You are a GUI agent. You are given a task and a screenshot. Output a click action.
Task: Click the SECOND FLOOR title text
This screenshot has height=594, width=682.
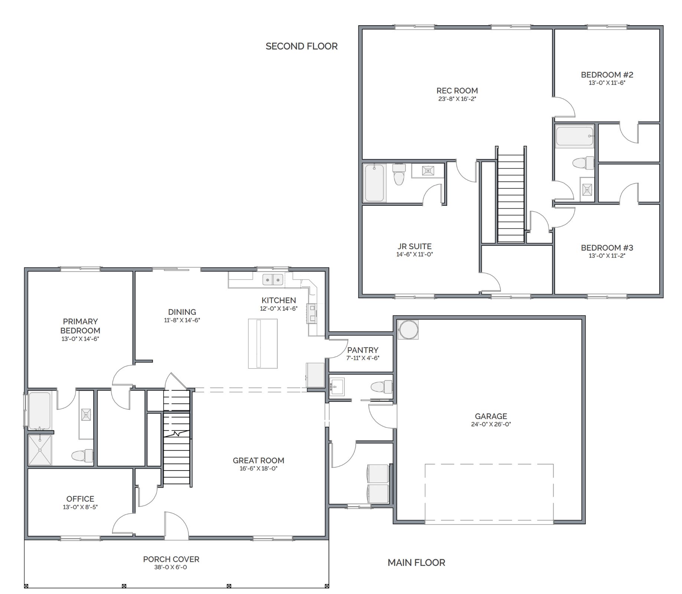(301, 46)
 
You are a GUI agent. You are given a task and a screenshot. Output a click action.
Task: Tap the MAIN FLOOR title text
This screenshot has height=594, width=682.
(416, 562)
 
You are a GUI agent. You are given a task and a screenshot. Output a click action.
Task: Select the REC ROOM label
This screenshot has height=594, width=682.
(457, 90)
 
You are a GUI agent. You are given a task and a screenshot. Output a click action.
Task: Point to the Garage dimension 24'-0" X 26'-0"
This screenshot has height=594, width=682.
(491, 424)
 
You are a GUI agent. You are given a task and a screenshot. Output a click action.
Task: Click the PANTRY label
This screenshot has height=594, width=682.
(363, 350)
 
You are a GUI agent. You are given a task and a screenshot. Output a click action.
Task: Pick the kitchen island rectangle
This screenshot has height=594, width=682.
(263, 343)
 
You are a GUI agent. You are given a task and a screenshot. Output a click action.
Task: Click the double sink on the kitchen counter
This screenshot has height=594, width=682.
(273, 280)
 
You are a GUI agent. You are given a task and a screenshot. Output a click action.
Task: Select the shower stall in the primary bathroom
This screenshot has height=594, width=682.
(40, 450)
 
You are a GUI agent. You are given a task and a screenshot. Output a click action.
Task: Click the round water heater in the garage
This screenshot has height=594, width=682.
(408, 329)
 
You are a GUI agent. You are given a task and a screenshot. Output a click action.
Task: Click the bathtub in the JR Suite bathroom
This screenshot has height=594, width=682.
(375, 183)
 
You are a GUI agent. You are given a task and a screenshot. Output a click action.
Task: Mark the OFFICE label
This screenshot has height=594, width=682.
(80, 499)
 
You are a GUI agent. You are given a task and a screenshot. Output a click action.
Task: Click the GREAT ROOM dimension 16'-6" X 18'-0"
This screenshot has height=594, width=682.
(258, 468)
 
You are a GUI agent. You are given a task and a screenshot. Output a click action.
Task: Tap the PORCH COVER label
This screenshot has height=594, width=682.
(171, 559)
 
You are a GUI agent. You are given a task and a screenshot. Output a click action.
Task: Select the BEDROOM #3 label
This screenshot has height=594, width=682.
(607, 248)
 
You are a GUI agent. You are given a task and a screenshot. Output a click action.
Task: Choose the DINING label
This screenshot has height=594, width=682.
(182, 312)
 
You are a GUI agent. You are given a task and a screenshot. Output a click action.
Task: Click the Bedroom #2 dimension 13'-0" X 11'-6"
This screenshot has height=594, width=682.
(607, 83)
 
